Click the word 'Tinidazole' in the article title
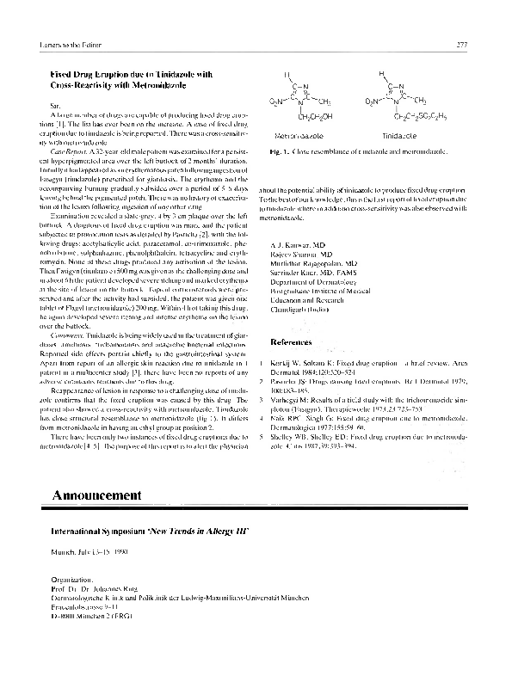tap(160, 75)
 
